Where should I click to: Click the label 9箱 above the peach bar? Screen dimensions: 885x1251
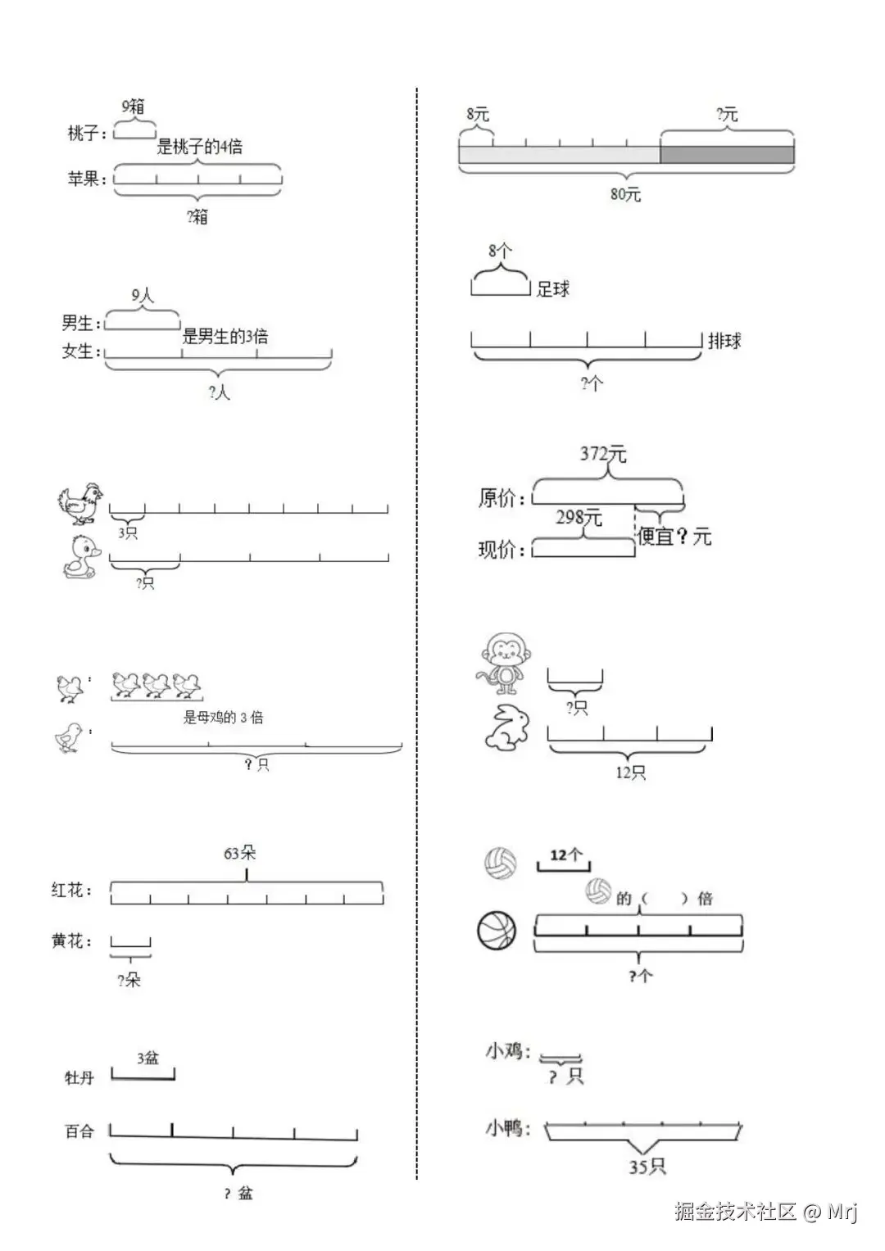coord(133,107)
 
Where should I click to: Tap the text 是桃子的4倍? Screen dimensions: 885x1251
coord(199,147)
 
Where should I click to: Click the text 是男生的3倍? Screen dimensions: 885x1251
coord(225,336)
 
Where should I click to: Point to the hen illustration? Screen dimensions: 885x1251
coord(80,503)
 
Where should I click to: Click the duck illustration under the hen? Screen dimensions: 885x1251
coord(83,558)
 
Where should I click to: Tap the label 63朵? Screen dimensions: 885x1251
coord(239,853)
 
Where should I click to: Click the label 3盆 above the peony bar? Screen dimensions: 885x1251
coord(147,1058)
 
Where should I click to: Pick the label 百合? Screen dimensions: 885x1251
coord(79,1131)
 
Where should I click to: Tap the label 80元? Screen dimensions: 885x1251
coord(625,195)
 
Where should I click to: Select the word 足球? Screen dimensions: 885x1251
coord(552,288)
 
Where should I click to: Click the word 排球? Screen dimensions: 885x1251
coord(724,341)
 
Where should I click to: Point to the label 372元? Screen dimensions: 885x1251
coord(602,453)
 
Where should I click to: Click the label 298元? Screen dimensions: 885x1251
coord(579,518)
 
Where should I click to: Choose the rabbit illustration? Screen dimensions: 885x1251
coord(508,727)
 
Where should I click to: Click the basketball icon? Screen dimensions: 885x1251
coord(497,931)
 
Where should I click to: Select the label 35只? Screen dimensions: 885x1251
coord(647,1167)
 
